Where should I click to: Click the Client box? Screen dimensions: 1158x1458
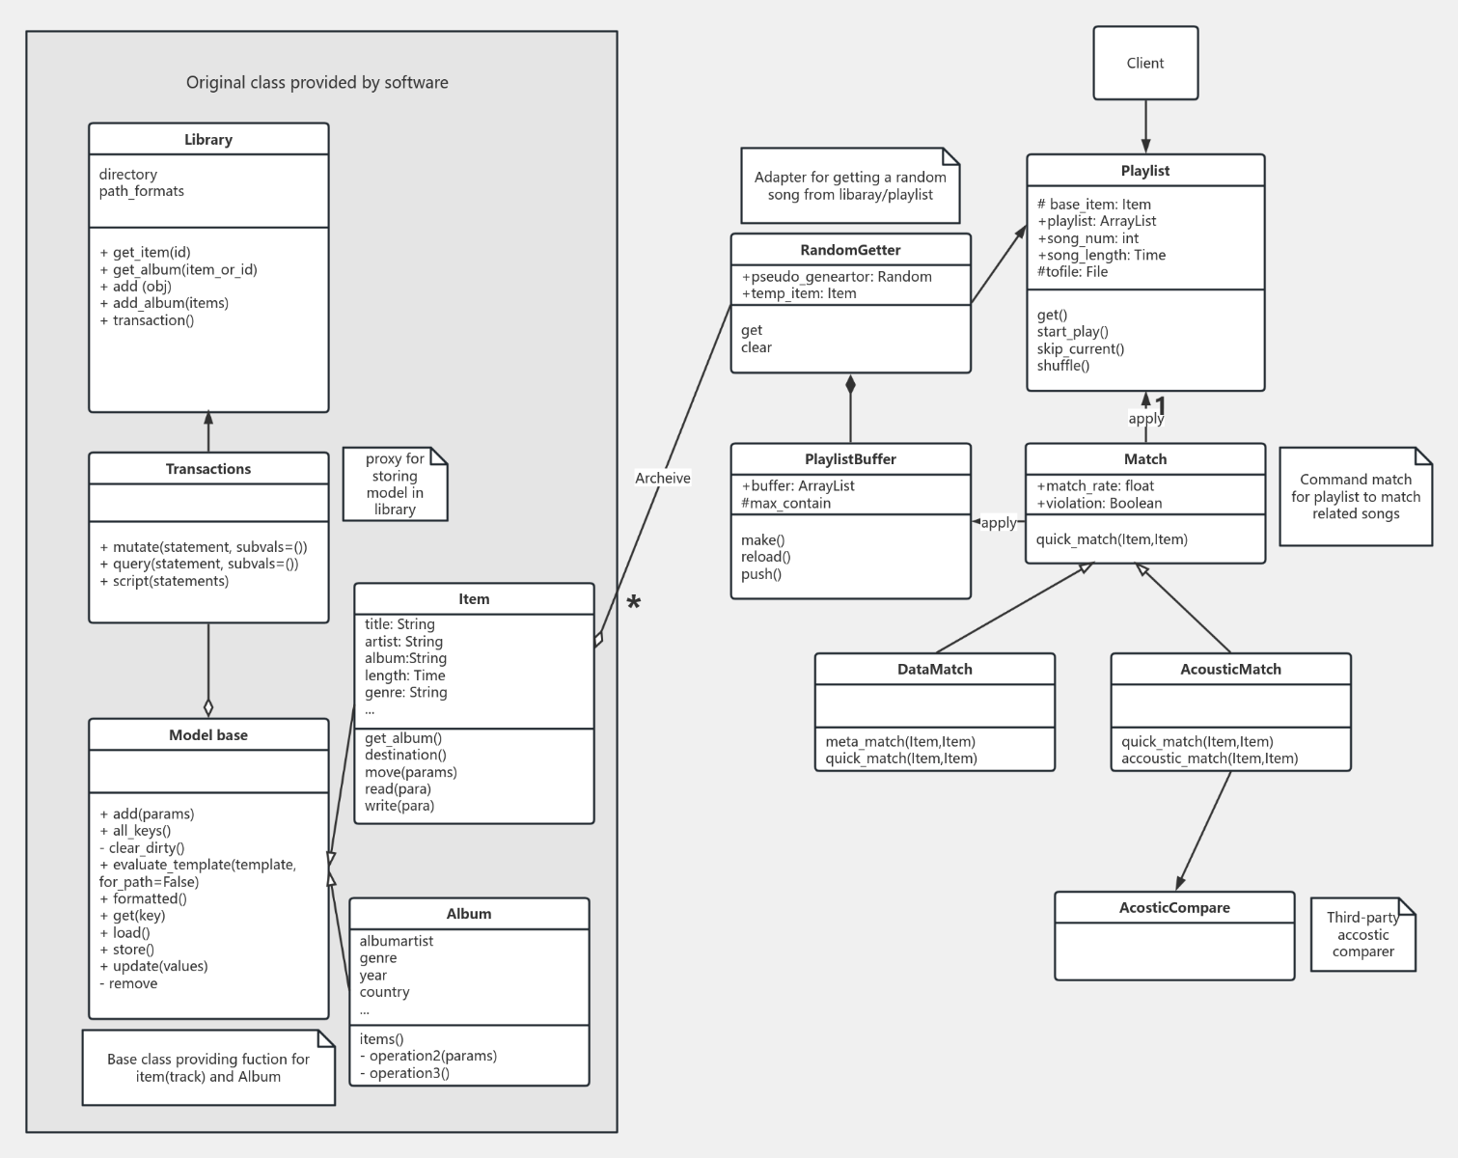click(x=1145, y=63)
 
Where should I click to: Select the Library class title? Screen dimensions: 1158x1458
click(x=208, y=139)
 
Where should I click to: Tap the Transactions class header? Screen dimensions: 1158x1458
click(x=208, y=469)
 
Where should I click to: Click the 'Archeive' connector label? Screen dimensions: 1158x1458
click(x=663, y=478)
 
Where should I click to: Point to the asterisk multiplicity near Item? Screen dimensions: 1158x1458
click(x=633, y=604)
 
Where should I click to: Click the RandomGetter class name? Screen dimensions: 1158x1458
click(x=850, y=250)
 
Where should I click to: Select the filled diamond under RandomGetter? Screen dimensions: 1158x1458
click(x=850, y=384)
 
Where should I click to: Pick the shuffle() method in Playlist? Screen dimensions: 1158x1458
click(x=1063, y=366)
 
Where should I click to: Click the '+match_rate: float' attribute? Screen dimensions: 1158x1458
click(x=1095, y=486)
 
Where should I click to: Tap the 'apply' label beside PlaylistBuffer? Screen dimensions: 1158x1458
click(x=999, y=522)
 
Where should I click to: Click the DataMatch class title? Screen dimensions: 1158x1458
click(x=934, y=670)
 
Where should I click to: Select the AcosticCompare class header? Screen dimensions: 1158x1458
click(x=1174, y=908)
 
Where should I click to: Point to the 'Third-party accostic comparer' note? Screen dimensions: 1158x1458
click(x=1362, y=934)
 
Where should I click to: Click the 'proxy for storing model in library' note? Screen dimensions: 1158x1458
click(x=395, y=483)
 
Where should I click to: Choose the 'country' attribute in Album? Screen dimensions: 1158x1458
click(x=385, y=992)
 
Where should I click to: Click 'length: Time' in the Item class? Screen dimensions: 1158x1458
click(x=404, y=675)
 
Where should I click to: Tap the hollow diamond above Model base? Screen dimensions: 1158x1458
click(x=208, y=706)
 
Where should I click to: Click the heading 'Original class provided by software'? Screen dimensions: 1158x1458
click(x=316, y=83)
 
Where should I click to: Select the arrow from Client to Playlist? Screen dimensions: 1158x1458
click(x=1145, y=126)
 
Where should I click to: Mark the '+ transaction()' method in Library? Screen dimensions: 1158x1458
click(x=147, y=320)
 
